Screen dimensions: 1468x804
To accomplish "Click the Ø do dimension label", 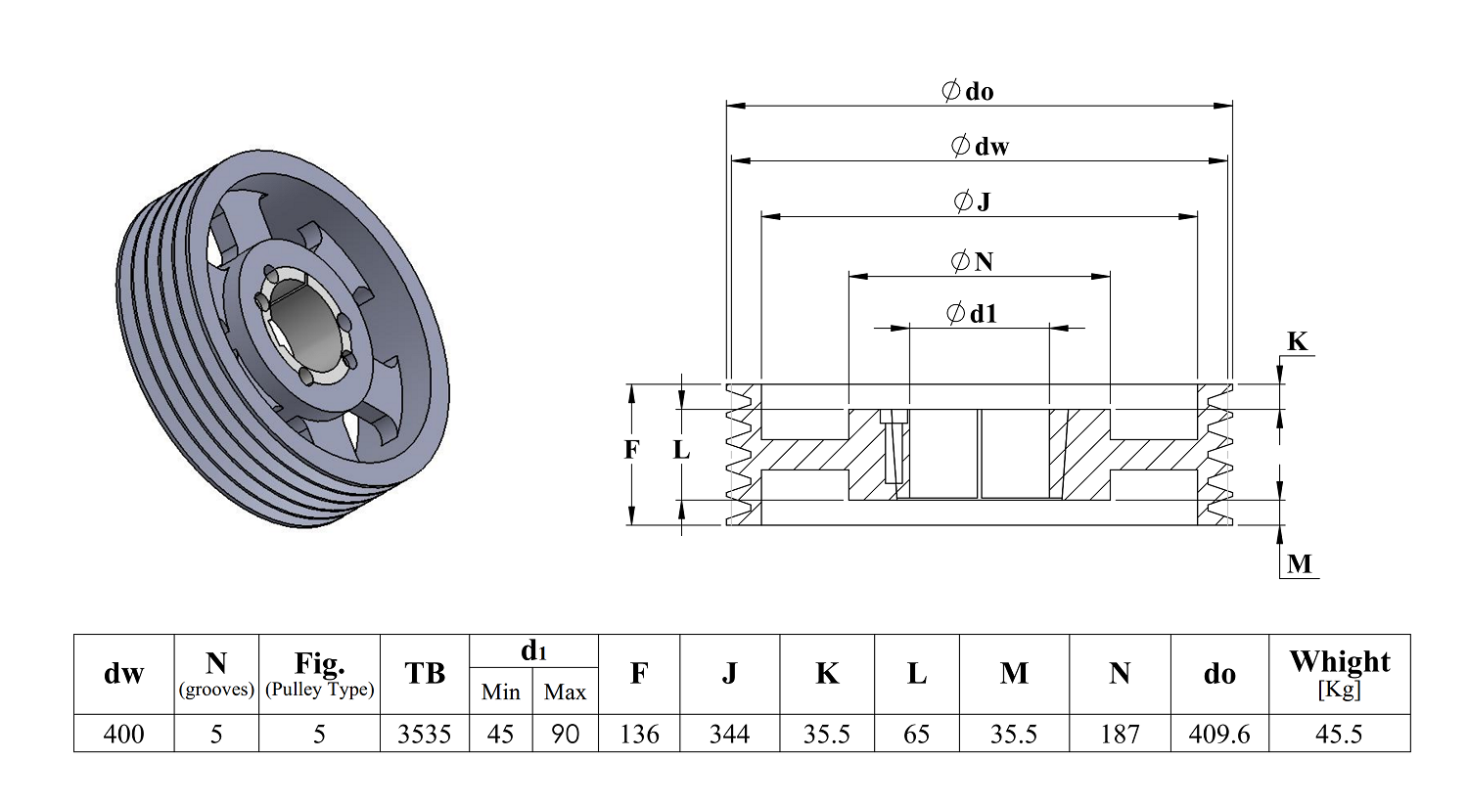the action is pos(967,91).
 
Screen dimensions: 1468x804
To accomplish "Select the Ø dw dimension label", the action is pos(980,146).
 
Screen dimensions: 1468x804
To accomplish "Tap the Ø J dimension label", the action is pos(972,201).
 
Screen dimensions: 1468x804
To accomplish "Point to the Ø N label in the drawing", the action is pos(972,262).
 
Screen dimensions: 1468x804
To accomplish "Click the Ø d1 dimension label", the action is pos(972,314).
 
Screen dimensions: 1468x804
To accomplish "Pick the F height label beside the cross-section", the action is pos(631,450).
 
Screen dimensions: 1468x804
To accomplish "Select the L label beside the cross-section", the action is pos(681,450).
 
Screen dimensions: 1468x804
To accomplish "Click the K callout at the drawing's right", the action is pos(1297,341).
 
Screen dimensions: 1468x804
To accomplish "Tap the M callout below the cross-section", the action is pos(1299,563).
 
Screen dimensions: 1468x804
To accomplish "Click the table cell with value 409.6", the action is pos(1219,734).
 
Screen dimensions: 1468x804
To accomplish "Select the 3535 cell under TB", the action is pos(424,734).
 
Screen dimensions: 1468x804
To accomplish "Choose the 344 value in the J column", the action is pos(729,734).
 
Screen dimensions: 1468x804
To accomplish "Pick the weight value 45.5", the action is pos(1339,734).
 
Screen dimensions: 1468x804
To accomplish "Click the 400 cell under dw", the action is pos(124,734).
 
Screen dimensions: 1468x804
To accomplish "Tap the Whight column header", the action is pos(1339,674).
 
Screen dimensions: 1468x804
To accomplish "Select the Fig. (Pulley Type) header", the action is pos(319,674).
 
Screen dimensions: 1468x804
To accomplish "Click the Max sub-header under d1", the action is pos(565,692).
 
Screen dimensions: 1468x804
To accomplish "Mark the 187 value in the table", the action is pos(1120,734).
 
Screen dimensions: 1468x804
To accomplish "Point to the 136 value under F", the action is pos(639,734).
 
